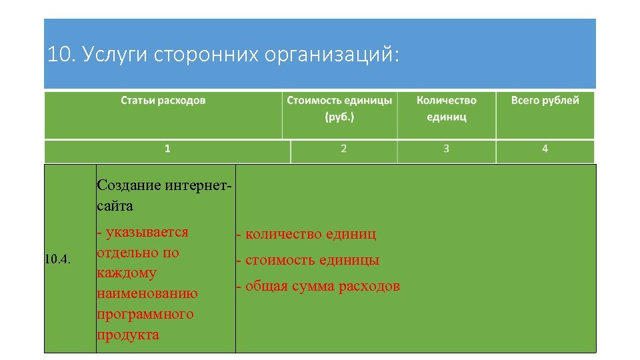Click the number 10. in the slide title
coord(61,55)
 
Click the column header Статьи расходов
coord(163,101)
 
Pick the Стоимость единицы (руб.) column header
coord(339,108)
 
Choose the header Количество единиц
coord(446,108)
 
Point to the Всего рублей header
coord(545,101)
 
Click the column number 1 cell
coord(167,149)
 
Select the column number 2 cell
coord(343,149)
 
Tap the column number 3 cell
coord(446,149)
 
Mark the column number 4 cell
coord(545,149)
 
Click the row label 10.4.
coord(57,258)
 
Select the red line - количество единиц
coord(305,234)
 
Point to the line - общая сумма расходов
coord(317,287)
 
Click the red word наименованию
coord(147,293)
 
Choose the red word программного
coord(145,314)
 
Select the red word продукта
coord(128,335)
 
